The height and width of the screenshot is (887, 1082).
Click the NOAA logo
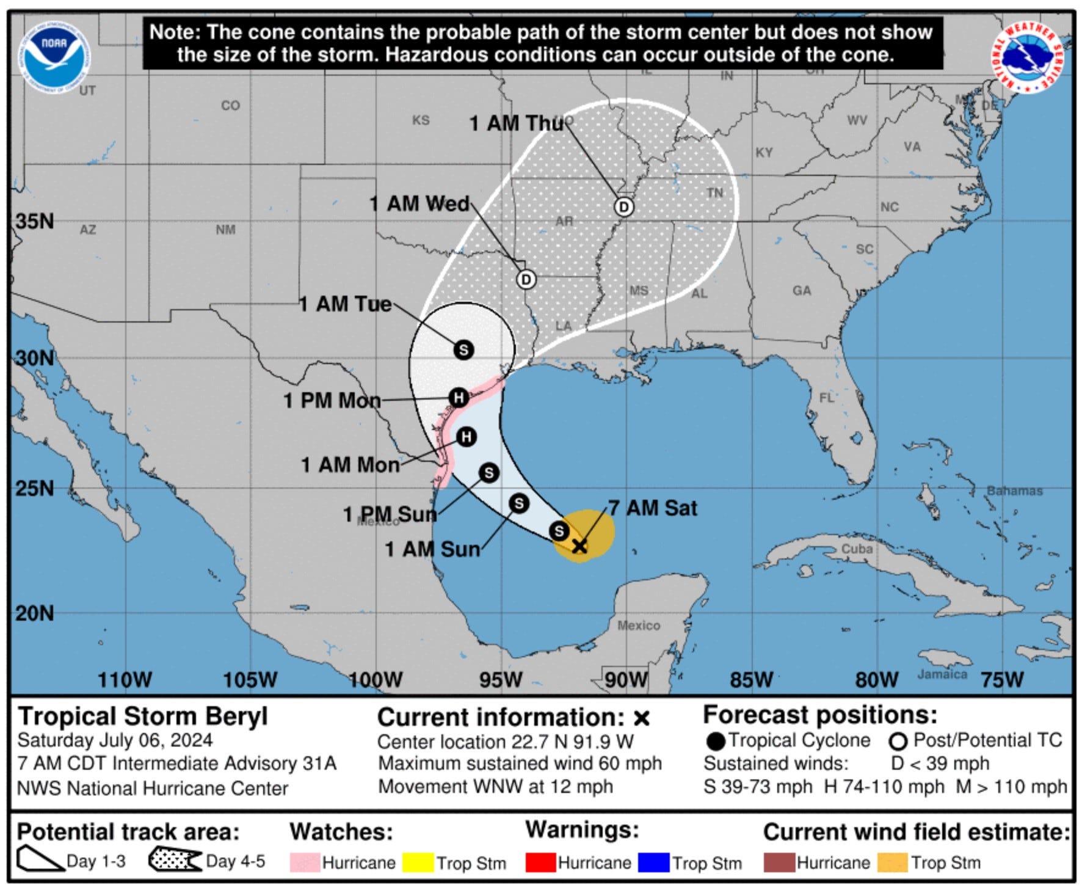55,57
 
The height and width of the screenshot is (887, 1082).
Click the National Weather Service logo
1026,57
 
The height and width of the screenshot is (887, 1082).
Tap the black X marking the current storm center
579,546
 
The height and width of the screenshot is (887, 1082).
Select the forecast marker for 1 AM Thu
623,207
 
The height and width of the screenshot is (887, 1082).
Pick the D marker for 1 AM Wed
526,279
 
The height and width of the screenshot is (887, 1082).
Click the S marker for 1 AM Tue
463,350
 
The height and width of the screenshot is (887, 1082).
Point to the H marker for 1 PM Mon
459,398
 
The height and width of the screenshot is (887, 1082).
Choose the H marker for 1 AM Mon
467,437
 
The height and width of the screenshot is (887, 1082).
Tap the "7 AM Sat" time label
653,508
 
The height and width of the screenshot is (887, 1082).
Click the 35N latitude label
34,221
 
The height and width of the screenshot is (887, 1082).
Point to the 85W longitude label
752,679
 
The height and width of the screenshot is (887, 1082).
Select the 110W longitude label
125,679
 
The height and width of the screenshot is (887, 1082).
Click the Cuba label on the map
857,549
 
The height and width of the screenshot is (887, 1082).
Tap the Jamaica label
942,674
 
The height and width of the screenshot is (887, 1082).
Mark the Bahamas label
1015,491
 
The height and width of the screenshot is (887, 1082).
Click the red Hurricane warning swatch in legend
540,863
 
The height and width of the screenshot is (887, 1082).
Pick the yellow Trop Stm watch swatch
418,863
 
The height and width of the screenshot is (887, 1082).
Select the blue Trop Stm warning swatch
653,863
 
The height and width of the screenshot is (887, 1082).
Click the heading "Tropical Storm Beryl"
143,716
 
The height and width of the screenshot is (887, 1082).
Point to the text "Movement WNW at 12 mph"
495,786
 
